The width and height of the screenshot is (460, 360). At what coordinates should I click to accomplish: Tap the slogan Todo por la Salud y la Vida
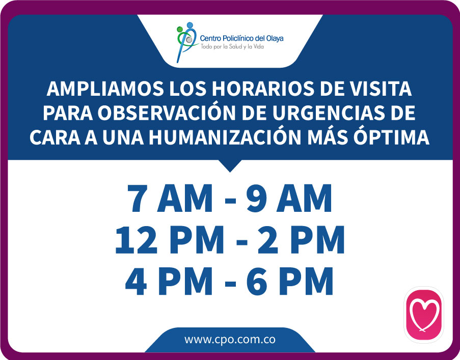232,47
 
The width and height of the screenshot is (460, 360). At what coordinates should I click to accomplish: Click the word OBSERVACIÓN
167,113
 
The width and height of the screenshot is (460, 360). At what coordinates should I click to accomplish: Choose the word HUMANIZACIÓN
225,137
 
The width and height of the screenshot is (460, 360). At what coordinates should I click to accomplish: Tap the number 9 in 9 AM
257,198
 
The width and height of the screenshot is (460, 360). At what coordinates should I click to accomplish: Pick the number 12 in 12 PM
136,240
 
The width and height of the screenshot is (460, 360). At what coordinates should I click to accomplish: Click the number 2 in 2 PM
267,239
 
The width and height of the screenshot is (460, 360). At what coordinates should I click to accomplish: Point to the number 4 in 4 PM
136,281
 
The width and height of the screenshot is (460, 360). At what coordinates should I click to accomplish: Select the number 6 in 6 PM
257,281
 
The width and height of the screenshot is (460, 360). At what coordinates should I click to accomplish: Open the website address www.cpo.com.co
230,339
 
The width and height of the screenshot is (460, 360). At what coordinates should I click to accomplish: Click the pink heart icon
424,315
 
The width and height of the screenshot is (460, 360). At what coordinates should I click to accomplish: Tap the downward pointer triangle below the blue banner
230,165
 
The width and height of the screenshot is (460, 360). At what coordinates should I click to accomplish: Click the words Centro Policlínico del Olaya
242,38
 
